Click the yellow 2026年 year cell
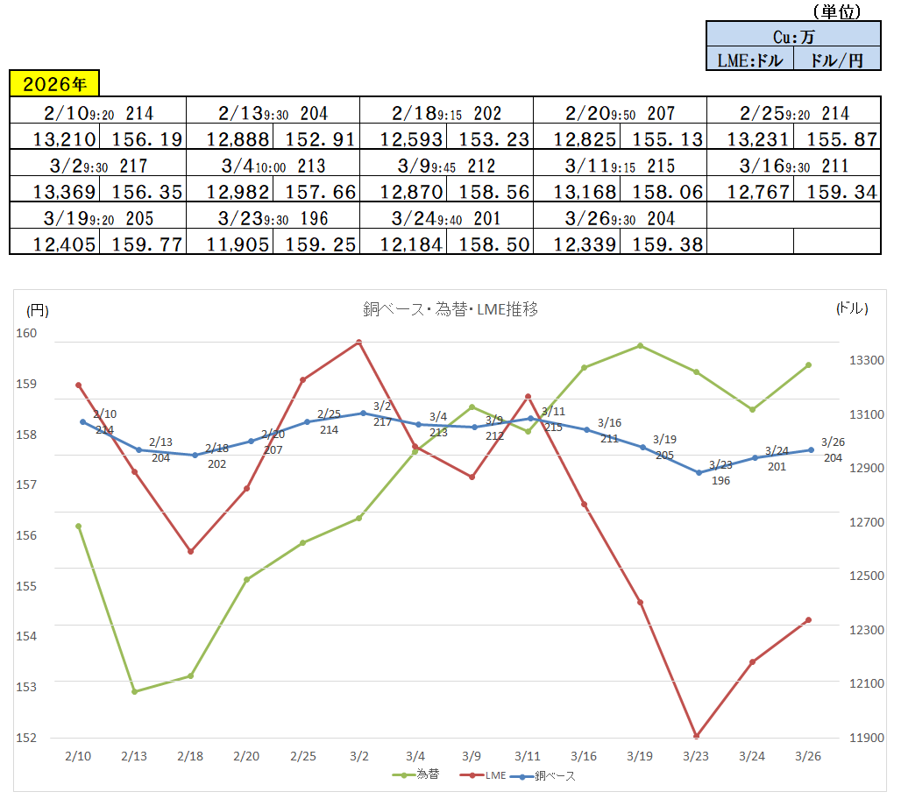tap(54, 84)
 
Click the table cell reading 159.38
tap(663, 244)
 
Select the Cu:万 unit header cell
tap(793, 37)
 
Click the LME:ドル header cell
tap(749, 60)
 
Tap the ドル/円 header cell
tap(837, 60)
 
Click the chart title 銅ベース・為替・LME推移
tap(450, 308)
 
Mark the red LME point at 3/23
tap(696, 736)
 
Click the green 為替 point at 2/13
tap(134, 691)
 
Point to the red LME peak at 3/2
tap(358, 343)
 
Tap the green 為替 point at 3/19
tap(640, 345)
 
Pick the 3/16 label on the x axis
tap(584, 756)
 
